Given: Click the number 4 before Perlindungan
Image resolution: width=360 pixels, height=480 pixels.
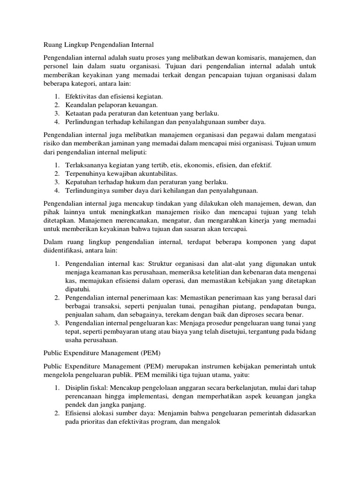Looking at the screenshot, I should [x=56, y=122].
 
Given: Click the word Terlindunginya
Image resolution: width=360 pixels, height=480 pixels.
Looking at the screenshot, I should [x=87, y=190].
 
